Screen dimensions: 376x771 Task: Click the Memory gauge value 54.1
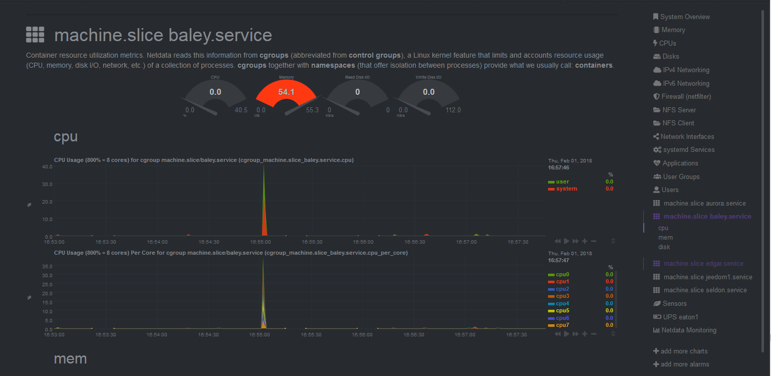click(x=286, y=92)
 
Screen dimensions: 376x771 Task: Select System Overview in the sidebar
click(x=684, y=17)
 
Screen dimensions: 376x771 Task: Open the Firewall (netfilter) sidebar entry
click(x=686, y=96)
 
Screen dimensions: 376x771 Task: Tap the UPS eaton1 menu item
click(x=680, y=317)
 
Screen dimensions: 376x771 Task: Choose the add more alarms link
click(x=684, y=364)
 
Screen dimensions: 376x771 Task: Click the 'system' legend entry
click(x=566, y=189)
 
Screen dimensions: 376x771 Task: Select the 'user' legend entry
click(x=562, y=181)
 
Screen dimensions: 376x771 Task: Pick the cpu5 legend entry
click(x=562, y=310)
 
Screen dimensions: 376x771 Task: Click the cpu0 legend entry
click(x=562, y=274)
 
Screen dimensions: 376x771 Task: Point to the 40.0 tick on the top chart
click(x=47, y=166)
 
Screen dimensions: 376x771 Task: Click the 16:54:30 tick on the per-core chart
click(x=209, y=334)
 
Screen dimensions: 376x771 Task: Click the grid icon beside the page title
click(x=35, y=35)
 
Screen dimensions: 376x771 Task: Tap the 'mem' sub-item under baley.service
click(x=665, y=237)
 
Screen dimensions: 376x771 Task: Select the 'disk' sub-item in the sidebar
click(x=664, y=247)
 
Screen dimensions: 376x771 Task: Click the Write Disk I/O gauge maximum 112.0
click(x=453, y=110)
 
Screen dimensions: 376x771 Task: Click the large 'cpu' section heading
click(x=66, y=136)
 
